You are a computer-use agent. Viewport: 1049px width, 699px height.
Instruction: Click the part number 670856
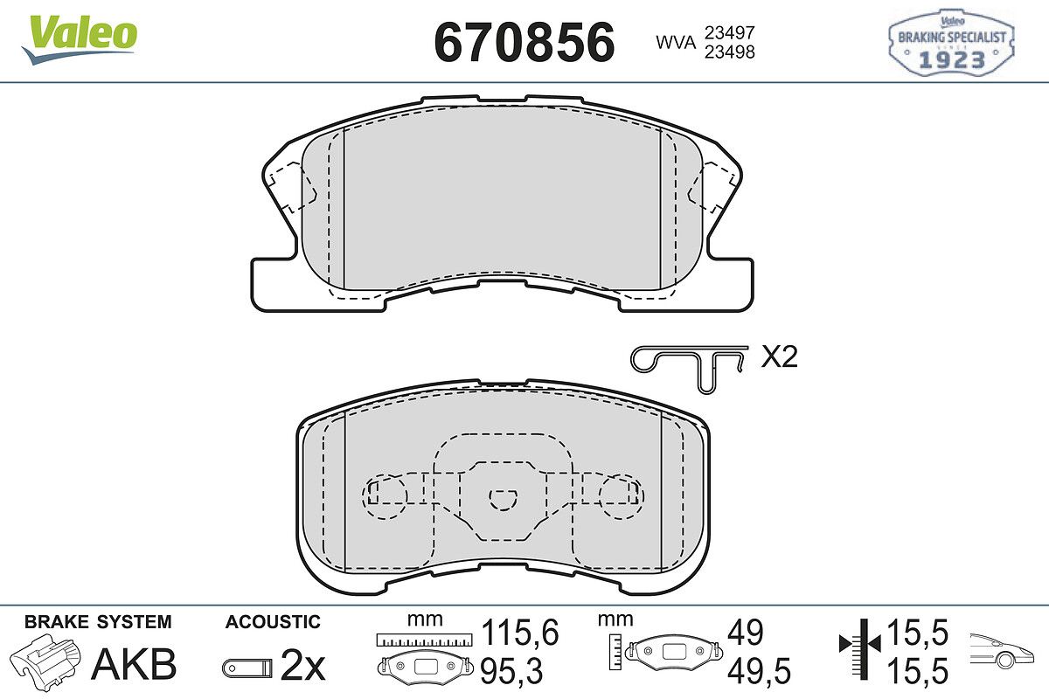pos(524,42)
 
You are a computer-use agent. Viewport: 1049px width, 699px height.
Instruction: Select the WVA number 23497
pos(730,33)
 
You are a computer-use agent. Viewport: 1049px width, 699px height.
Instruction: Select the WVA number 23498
pos(730,52)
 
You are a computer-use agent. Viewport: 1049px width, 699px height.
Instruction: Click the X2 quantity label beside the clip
pos(779,357)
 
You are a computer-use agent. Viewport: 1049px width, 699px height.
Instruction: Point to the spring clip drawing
pos(688,369)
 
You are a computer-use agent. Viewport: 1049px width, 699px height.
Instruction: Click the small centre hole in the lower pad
pos(503,500)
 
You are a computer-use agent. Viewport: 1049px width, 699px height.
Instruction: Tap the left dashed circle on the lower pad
pos(385,497)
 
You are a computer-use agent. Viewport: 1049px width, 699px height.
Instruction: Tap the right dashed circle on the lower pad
pos(622,497)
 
